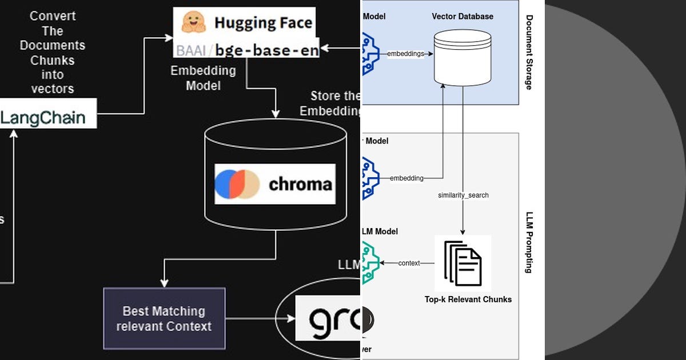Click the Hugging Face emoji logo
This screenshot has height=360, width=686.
[x=193, y=22]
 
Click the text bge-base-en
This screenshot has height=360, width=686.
[x=267, y=50]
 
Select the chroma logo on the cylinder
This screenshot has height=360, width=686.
[x=274, y=184]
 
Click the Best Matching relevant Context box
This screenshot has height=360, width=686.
[x=164, y=318]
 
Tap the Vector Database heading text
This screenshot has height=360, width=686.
[x=462, y=16]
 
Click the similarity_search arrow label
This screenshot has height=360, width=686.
[x=463, y=195]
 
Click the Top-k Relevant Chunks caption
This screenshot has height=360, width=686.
[x=468, y=299]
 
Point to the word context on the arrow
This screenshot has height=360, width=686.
[x=409, y=263]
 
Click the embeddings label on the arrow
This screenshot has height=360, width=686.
[x=405, y=54]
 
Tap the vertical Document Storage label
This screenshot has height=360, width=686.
[x=529, y=53]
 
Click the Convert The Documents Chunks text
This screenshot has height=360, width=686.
[x=52, y=53]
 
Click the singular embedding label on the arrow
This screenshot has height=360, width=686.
[x=406, y=178]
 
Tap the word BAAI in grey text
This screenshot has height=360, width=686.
[x=192, y=50]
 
